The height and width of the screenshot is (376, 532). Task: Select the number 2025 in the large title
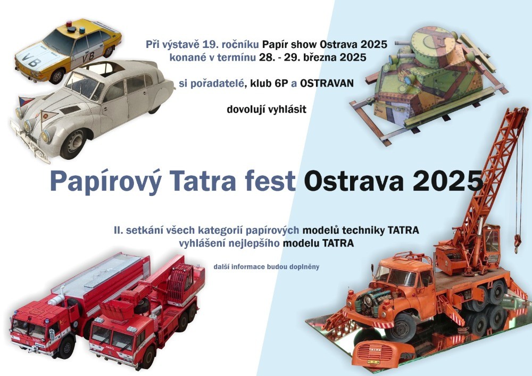point(448,181)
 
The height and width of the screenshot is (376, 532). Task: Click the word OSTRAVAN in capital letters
point(327,83)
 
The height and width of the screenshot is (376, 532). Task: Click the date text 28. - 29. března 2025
point(312,58)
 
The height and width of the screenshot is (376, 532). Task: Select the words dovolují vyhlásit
point(267,110)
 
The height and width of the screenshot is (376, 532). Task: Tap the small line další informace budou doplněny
point(267,267)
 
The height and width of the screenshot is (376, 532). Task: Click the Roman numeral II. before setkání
point(119,230)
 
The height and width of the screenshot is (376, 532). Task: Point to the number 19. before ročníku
point(210,45)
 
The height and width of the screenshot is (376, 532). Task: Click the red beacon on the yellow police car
point(69,24)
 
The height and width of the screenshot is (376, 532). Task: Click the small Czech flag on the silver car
point(26,101)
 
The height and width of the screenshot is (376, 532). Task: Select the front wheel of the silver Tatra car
point(73,142)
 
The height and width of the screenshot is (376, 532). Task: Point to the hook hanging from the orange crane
point(518,242)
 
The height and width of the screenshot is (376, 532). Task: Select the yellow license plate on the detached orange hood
point(373,362)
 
